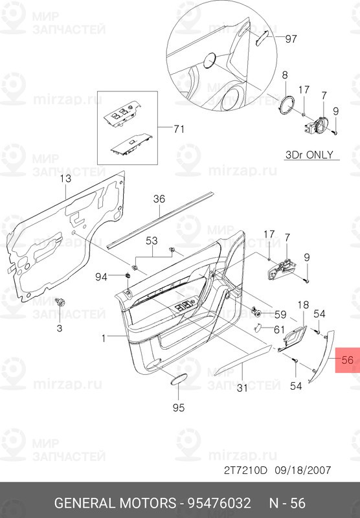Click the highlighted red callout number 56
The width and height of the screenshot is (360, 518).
tap(348, 360)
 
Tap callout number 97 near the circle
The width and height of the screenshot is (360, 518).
tap(291, 39)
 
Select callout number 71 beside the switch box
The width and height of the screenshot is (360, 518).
tap(179, 128)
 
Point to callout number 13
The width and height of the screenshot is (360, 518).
tap(65, 179)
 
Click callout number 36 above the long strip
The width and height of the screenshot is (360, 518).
tap(159, 199)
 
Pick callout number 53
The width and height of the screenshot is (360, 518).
tap(152, 241)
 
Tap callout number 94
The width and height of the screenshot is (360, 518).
tap(101, 277)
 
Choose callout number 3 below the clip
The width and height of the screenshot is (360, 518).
tap(60, 328)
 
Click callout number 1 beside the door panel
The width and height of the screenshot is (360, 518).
tap(104, 338)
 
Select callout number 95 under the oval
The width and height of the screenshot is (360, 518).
tap(179, 408)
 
